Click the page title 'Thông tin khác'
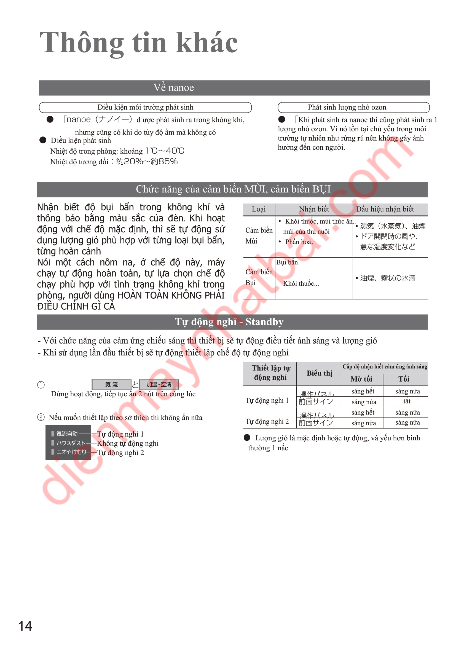click(139, 43)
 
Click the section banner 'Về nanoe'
click(173, 88)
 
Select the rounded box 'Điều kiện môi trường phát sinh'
click(145, 107)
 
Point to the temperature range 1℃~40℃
click(165, 151)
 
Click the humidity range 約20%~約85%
click(147, 162)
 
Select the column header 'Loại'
click(259, 209)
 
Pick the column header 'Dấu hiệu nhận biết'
click(385, 209)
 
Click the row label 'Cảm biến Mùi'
click(259, 236)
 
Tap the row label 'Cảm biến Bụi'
click(259, 277)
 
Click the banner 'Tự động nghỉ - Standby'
click(229, 322)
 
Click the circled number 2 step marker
click(41, 417)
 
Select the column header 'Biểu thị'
click(319, 373)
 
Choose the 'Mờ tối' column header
click(361, 379)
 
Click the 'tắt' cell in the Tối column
click(407, 402)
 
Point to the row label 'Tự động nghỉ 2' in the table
click(267, 421)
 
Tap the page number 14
click(25, 626)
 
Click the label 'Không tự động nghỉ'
click(128, 443)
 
